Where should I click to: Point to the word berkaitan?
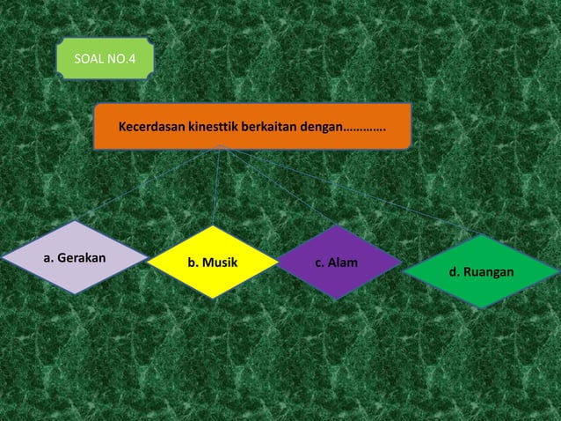click(x=270, y=127)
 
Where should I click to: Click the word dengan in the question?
click(x=320, y=127)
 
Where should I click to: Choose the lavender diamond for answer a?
click(x=75, y=257)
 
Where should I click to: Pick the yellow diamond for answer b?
click(x=212, y=262)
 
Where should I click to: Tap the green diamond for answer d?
click(x=481, y=271)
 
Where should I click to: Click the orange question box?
click(x=252, y=126)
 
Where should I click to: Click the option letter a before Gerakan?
click(x=47, y=259)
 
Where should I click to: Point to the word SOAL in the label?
click(x=89, y=60)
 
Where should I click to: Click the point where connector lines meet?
click(x=225, y=147)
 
